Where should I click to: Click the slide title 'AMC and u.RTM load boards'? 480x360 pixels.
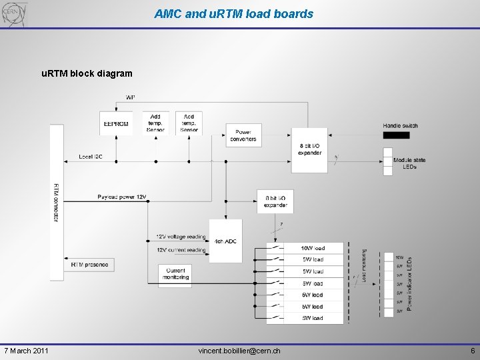(x=233, y=13)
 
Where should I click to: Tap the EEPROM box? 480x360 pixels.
(x=116, y=123)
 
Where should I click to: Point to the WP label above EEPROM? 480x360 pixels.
(x=130, y=97)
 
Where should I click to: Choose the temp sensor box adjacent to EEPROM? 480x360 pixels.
(x=155, y=123)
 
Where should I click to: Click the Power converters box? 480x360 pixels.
(x=243, y=135)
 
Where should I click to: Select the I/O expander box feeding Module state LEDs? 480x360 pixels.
(x=309, y=149)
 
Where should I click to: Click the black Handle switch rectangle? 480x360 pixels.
(x=397, y=135)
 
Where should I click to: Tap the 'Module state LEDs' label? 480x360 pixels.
(x=409, y=163)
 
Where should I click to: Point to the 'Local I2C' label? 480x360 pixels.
(x=90, y=156)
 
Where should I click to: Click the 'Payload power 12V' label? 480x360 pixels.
(x=121, y=197)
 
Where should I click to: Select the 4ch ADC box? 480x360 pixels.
(x=225, y=240)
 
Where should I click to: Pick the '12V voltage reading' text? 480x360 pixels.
(x=181, y=237)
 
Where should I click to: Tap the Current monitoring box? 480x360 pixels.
(x=176, y=273)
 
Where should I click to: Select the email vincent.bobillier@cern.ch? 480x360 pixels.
(x=239, y=351)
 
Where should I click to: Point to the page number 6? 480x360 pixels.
(x=472, y=351)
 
